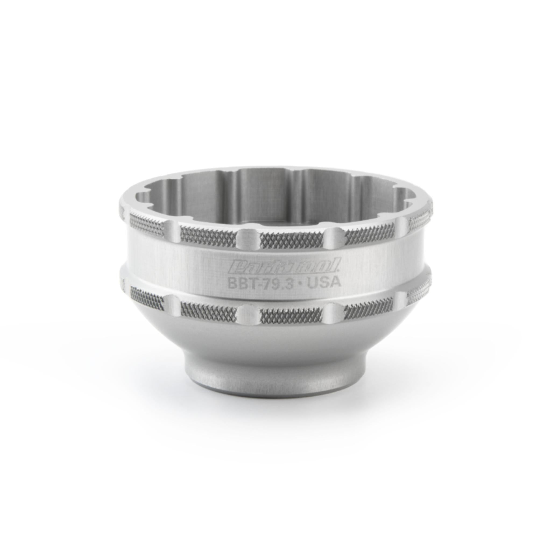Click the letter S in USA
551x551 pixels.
(x=326, y=282)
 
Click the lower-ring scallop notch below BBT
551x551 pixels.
(x=248, y=312)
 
